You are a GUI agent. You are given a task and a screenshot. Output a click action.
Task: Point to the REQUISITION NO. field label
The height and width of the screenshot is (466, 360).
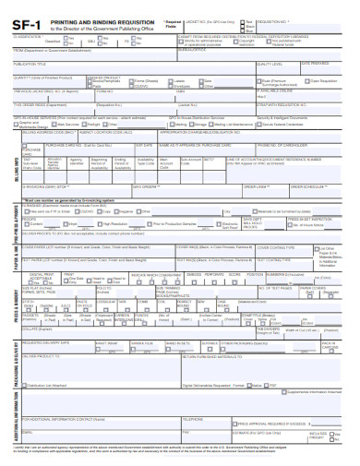276,17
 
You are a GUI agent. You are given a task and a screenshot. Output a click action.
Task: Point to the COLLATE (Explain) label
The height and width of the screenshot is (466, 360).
37,328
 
